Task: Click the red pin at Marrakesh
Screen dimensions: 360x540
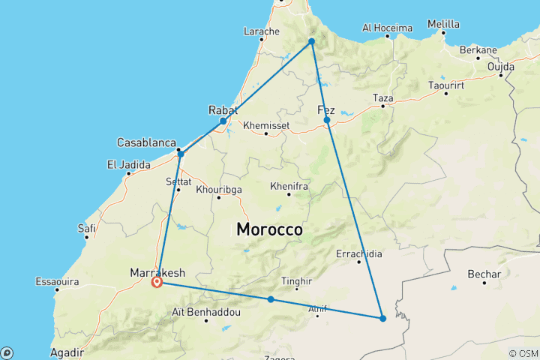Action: click(x=157, y=282)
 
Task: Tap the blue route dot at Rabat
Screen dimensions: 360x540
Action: click(x=223, y=121)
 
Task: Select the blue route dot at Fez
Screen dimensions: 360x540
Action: click(x=327, y=120)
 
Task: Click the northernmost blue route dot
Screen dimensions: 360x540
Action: click(x=311, y=41)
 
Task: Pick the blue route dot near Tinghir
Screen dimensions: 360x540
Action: click(x=271, y=300)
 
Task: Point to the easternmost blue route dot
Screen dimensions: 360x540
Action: click(x=382, y=319)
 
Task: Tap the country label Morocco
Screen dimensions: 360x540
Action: click(x=269, y=229)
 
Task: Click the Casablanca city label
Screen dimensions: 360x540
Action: click(x=146, y=142)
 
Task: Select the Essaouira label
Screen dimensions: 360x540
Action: click(x=58, y=282)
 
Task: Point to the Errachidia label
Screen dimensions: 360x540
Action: click(x=358, y=253)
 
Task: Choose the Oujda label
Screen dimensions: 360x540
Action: click(x=500, y=66)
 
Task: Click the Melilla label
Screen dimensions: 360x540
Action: click(x=443, y=24)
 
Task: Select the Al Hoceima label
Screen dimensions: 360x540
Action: click(x=387, y=28)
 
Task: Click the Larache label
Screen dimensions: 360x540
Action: click(x=262, y=31)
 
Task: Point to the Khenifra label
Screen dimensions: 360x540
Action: click(x=288, y=184)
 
